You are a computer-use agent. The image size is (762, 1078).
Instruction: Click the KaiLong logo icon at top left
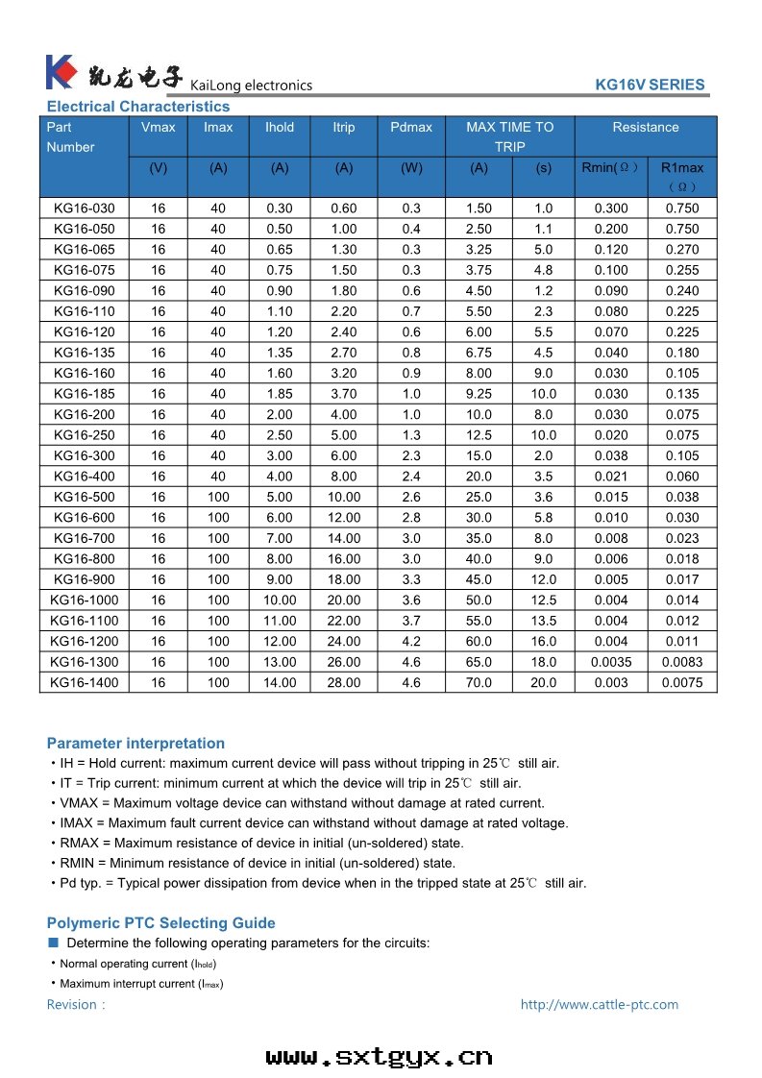tap(60, 72)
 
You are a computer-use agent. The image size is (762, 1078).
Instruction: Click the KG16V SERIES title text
tap(650, 85)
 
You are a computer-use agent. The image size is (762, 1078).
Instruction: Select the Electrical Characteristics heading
tap(138, 107)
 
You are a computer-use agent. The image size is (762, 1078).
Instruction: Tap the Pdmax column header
tap(411, 127)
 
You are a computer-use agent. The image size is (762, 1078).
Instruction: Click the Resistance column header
tap(646, 127)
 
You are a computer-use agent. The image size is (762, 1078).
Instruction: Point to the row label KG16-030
tap(84, 208)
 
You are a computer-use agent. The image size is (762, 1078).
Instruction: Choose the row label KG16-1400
tap(83, 682)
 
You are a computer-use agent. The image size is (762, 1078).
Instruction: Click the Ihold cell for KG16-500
tap(280, 497)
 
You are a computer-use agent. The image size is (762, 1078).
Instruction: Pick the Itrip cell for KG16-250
tap(344, 435)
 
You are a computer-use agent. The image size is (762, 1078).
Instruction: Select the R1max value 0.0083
tap(682, 662)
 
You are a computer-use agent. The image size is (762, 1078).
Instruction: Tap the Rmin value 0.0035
tap(611, 662)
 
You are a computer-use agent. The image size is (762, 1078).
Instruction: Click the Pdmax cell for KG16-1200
tap(411, 641)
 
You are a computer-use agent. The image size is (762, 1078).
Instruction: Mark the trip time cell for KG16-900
tap(544, 579)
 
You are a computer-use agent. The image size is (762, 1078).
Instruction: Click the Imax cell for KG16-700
tap(218, 538)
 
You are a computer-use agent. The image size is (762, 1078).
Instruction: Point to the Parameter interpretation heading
tap(135, 743)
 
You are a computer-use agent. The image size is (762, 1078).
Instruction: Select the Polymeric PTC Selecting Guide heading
tap(160, 922)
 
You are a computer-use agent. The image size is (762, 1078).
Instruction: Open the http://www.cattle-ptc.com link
tap(599, 1004)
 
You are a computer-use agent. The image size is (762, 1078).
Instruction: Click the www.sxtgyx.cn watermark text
tap(380, 1057)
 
